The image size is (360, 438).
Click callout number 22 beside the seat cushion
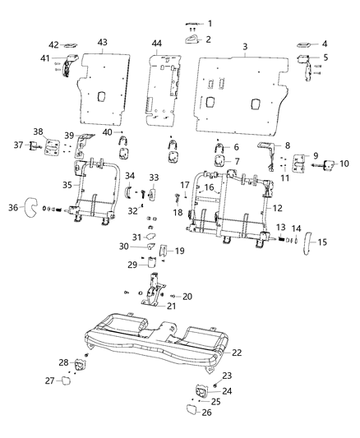click(x=238, y=352)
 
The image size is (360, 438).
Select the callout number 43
click(x=103, y=42)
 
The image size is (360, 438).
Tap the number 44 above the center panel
click(x=156, y=43)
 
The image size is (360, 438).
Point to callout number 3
click(x=245, y=47)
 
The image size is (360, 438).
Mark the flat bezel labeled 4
click(x=302, y=44)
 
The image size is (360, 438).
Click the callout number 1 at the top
click(x=209, y=22)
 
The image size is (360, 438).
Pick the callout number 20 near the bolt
click(x=187, y=296)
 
